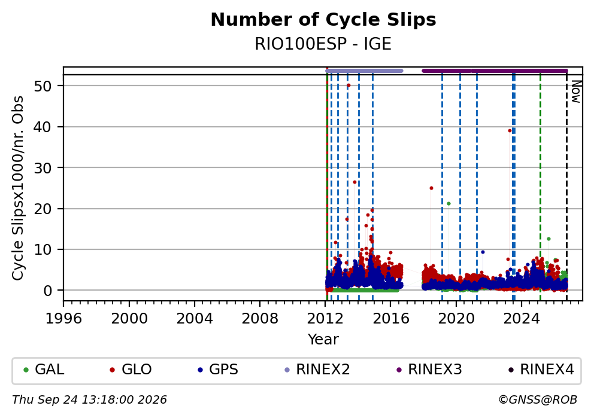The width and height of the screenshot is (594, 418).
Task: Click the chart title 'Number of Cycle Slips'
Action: coord(323,20)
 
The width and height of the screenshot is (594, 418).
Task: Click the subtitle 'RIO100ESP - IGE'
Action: coord(323,44)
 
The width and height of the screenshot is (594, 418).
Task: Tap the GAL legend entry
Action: coord(44,370)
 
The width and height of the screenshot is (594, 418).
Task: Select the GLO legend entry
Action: coord(131,370)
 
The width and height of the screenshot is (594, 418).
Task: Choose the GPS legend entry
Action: coord(218,370)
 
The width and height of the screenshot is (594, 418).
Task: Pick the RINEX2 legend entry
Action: coord(317,370)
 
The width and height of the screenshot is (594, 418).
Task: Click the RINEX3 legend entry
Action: coord(429,370)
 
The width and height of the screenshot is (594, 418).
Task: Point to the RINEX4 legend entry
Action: coord(541,370)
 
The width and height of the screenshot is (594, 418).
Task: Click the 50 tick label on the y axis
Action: coord(43,86)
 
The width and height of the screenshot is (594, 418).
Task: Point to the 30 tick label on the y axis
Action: coord(43,168)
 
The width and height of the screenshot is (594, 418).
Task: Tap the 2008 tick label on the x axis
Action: coord(260,319)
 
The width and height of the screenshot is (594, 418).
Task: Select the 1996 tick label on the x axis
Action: coord(63,319)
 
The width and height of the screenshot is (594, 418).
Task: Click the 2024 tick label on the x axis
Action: coord(522,319)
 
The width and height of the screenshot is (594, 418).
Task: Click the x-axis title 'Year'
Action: coord(323,339)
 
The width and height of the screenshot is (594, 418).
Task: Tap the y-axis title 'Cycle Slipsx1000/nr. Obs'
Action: coord(18,188)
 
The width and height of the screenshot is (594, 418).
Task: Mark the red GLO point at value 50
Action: coord(348,86)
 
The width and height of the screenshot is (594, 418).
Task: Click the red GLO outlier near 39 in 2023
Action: coord(510,131)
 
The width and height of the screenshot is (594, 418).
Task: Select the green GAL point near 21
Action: coord(449,203)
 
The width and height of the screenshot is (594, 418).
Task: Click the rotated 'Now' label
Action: coord(576,92)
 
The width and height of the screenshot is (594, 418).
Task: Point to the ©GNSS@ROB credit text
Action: coord(538,400)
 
